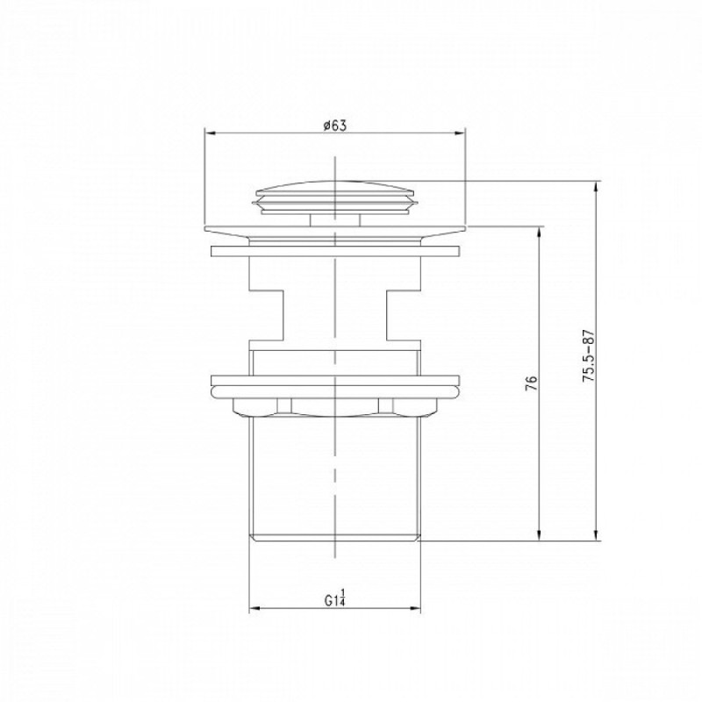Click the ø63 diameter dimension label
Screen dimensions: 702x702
click(335, 125)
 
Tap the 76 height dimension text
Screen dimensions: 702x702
click(531, 383)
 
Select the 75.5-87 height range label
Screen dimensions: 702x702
click(588, 356)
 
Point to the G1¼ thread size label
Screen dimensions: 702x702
click(335, 598)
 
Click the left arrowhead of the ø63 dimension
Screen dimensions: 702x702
click(210, 133)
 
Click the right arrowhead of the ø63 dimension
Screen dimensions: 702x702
click(460, 133)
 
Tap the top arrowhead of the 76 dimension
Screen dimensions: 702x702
click(541, 232)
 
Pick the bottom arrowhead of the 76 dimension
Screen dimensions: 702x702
click(541, 535)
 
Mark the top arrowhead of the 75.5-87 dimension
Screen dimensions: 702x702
click(596, 187)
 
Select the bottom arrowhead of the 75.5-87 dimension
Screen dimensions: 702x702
click(596, 535)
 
